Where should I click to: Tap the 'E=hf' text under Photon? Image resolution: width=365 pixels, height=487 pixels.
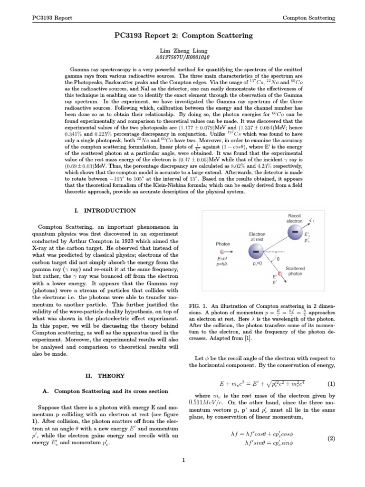(223, 257)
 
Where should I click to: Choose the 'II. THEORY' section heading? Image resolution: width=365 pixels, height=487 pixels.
(105, 375)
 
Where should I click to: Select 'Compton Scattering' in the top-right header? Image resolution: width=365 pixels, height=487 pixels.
(308, 18)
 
